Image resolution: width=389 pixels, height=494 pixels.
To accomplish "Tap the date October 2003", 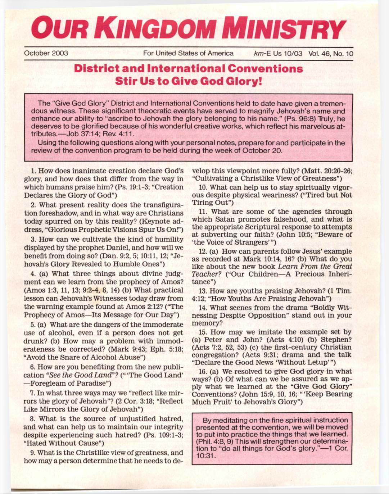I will [x=46, y=53].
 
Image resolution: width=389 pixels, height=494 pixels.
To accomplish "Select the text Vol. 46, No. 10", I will [x=331, y=54].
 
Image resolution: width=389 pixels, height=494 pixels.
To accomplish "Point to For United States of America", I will [x=188, y=53].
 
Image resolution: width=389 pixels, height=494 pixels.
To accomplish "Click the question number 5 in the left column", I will [x=32, y=325].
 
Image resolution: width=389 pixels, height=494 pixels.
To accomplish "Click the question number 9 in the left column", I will [x=32, y=453].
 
